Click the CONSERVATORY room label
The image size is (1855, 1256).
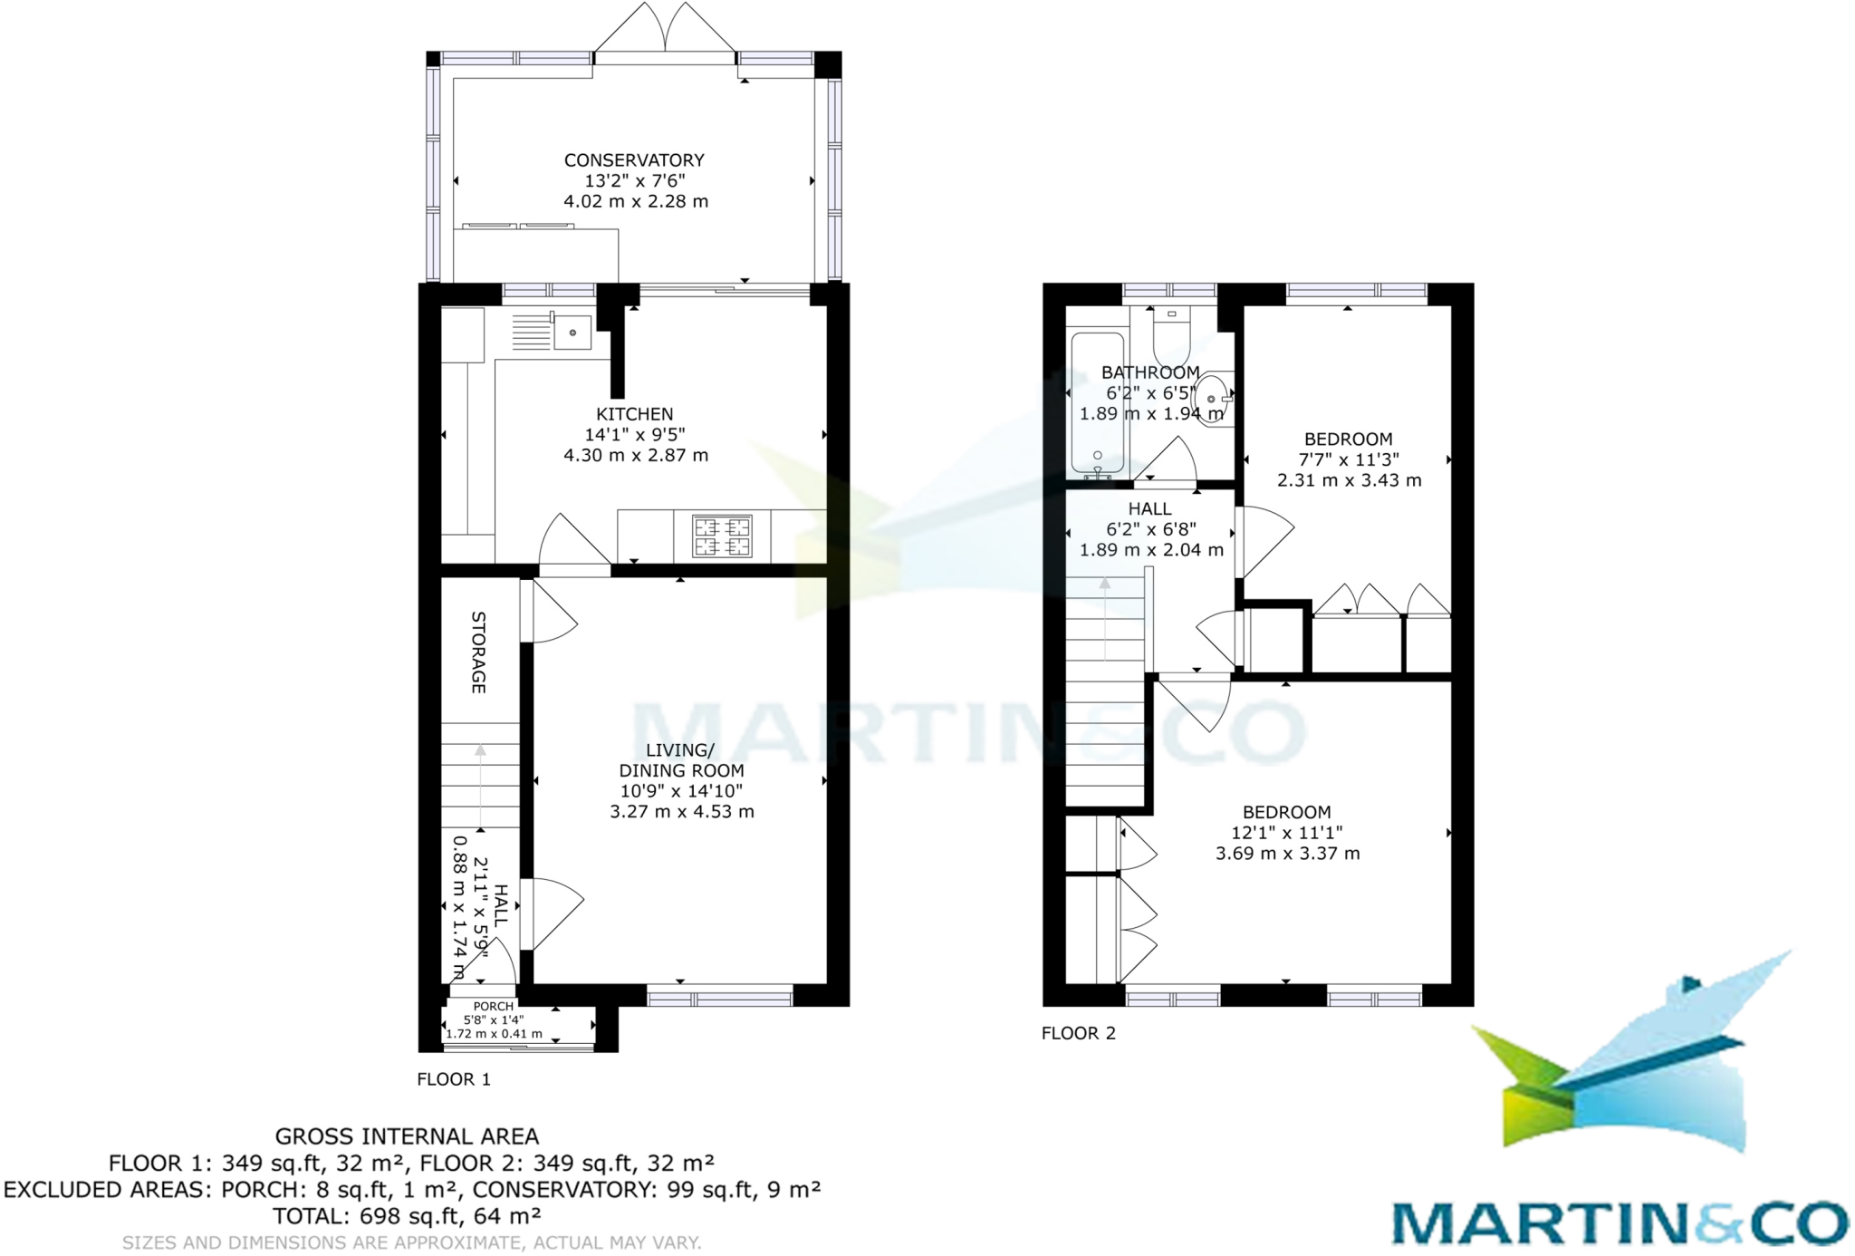(634, 160)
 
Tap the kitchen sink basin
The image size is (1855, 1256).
(572, 333)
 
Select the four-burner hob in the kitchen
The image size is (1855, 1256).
(722, 536)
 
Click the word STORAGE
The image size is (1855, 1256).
(479, 652)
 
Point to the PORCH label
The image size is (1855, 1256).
(494, 1006)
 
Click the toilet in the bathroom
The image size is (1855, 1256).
(1171, 337)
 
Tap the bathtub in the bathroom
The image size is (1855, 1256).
(1098, 403)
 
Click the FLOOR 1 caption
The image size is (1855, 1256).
(454, 1079)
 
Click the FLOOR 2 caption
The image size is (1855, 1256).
(1079, 1033)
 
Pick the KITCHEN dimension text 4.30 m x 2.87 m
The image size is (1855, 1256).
(636, 456)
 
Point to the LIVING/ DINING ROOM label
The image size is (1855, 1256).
(681, 760)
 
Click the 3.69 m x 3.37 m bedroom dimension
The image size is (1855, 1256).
(1287, 854)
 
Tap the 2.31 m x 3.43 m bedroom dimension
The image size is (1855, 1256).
(1349, 480)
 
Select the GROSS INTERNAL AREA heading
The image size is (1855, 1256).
(407, 1136)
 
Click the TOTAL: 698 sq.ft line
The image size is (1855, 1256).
(407, 1216)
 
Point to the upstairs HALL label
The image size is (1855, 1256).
(1150, 509)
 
